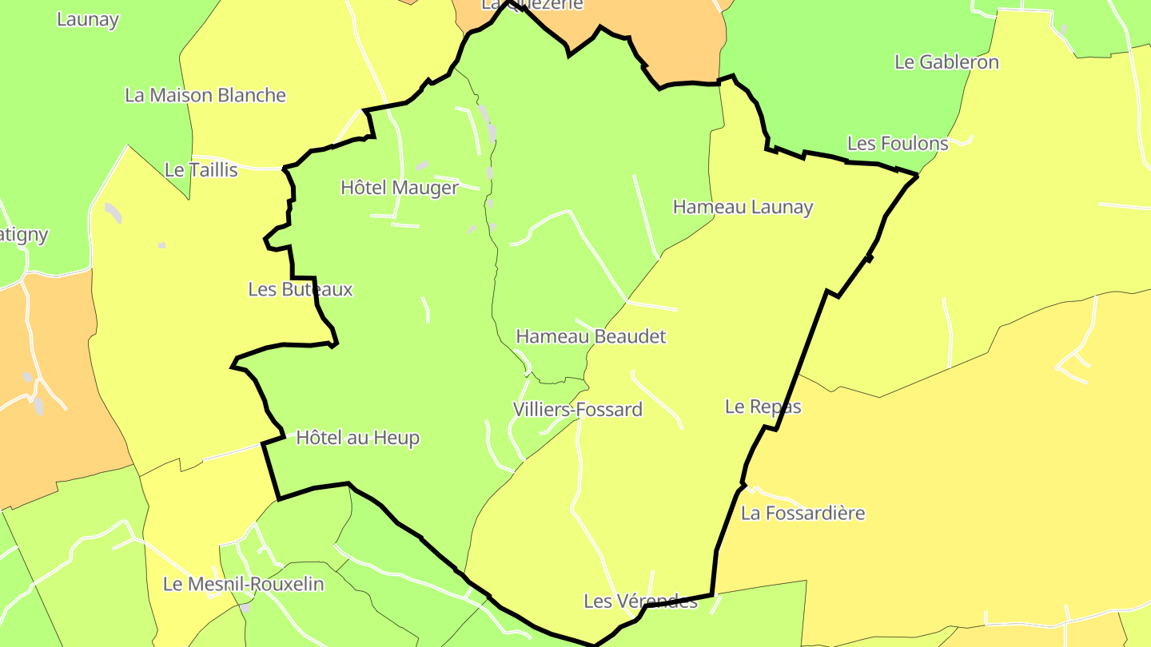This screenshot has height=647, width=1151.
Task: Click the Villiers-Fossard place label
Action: (577, 410)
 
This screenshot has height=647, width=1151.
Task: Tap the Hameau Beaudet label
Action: (591, 336)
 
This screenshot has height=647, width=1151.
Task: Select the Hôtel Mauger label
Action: (400, 188)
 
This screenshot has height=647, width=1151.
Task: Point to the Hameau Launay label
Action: (743, 207)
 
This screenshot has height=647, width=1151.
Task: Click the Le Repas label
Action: (763, 407)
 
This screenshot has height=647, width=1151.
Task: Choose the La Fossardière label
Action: (803, 513)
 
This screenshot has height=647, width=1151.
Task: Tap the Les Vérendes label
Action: (640, 601)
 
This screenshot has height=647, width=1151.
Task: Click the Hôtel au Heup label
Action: (357, 438)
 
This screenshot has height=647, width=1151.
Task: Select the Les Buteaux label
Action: (300, 289)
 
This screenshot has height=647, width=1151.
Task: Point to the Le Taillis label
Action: (201, 170)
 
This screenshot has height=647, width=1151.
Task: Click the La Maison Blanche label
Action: (205, 96)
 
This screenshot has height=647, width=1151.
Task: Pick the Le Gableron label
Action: (946, 62)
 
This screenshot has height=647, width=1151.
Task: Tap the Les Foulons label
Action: (898, 144)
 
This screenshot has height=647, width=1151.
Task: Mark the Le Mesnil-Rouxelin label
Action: (243, 584)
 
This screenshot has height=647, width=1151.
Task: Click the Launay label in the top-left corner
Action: (88, 20)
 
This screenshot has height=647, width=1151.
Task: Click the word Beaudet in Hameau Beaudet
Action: (629, 336)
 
